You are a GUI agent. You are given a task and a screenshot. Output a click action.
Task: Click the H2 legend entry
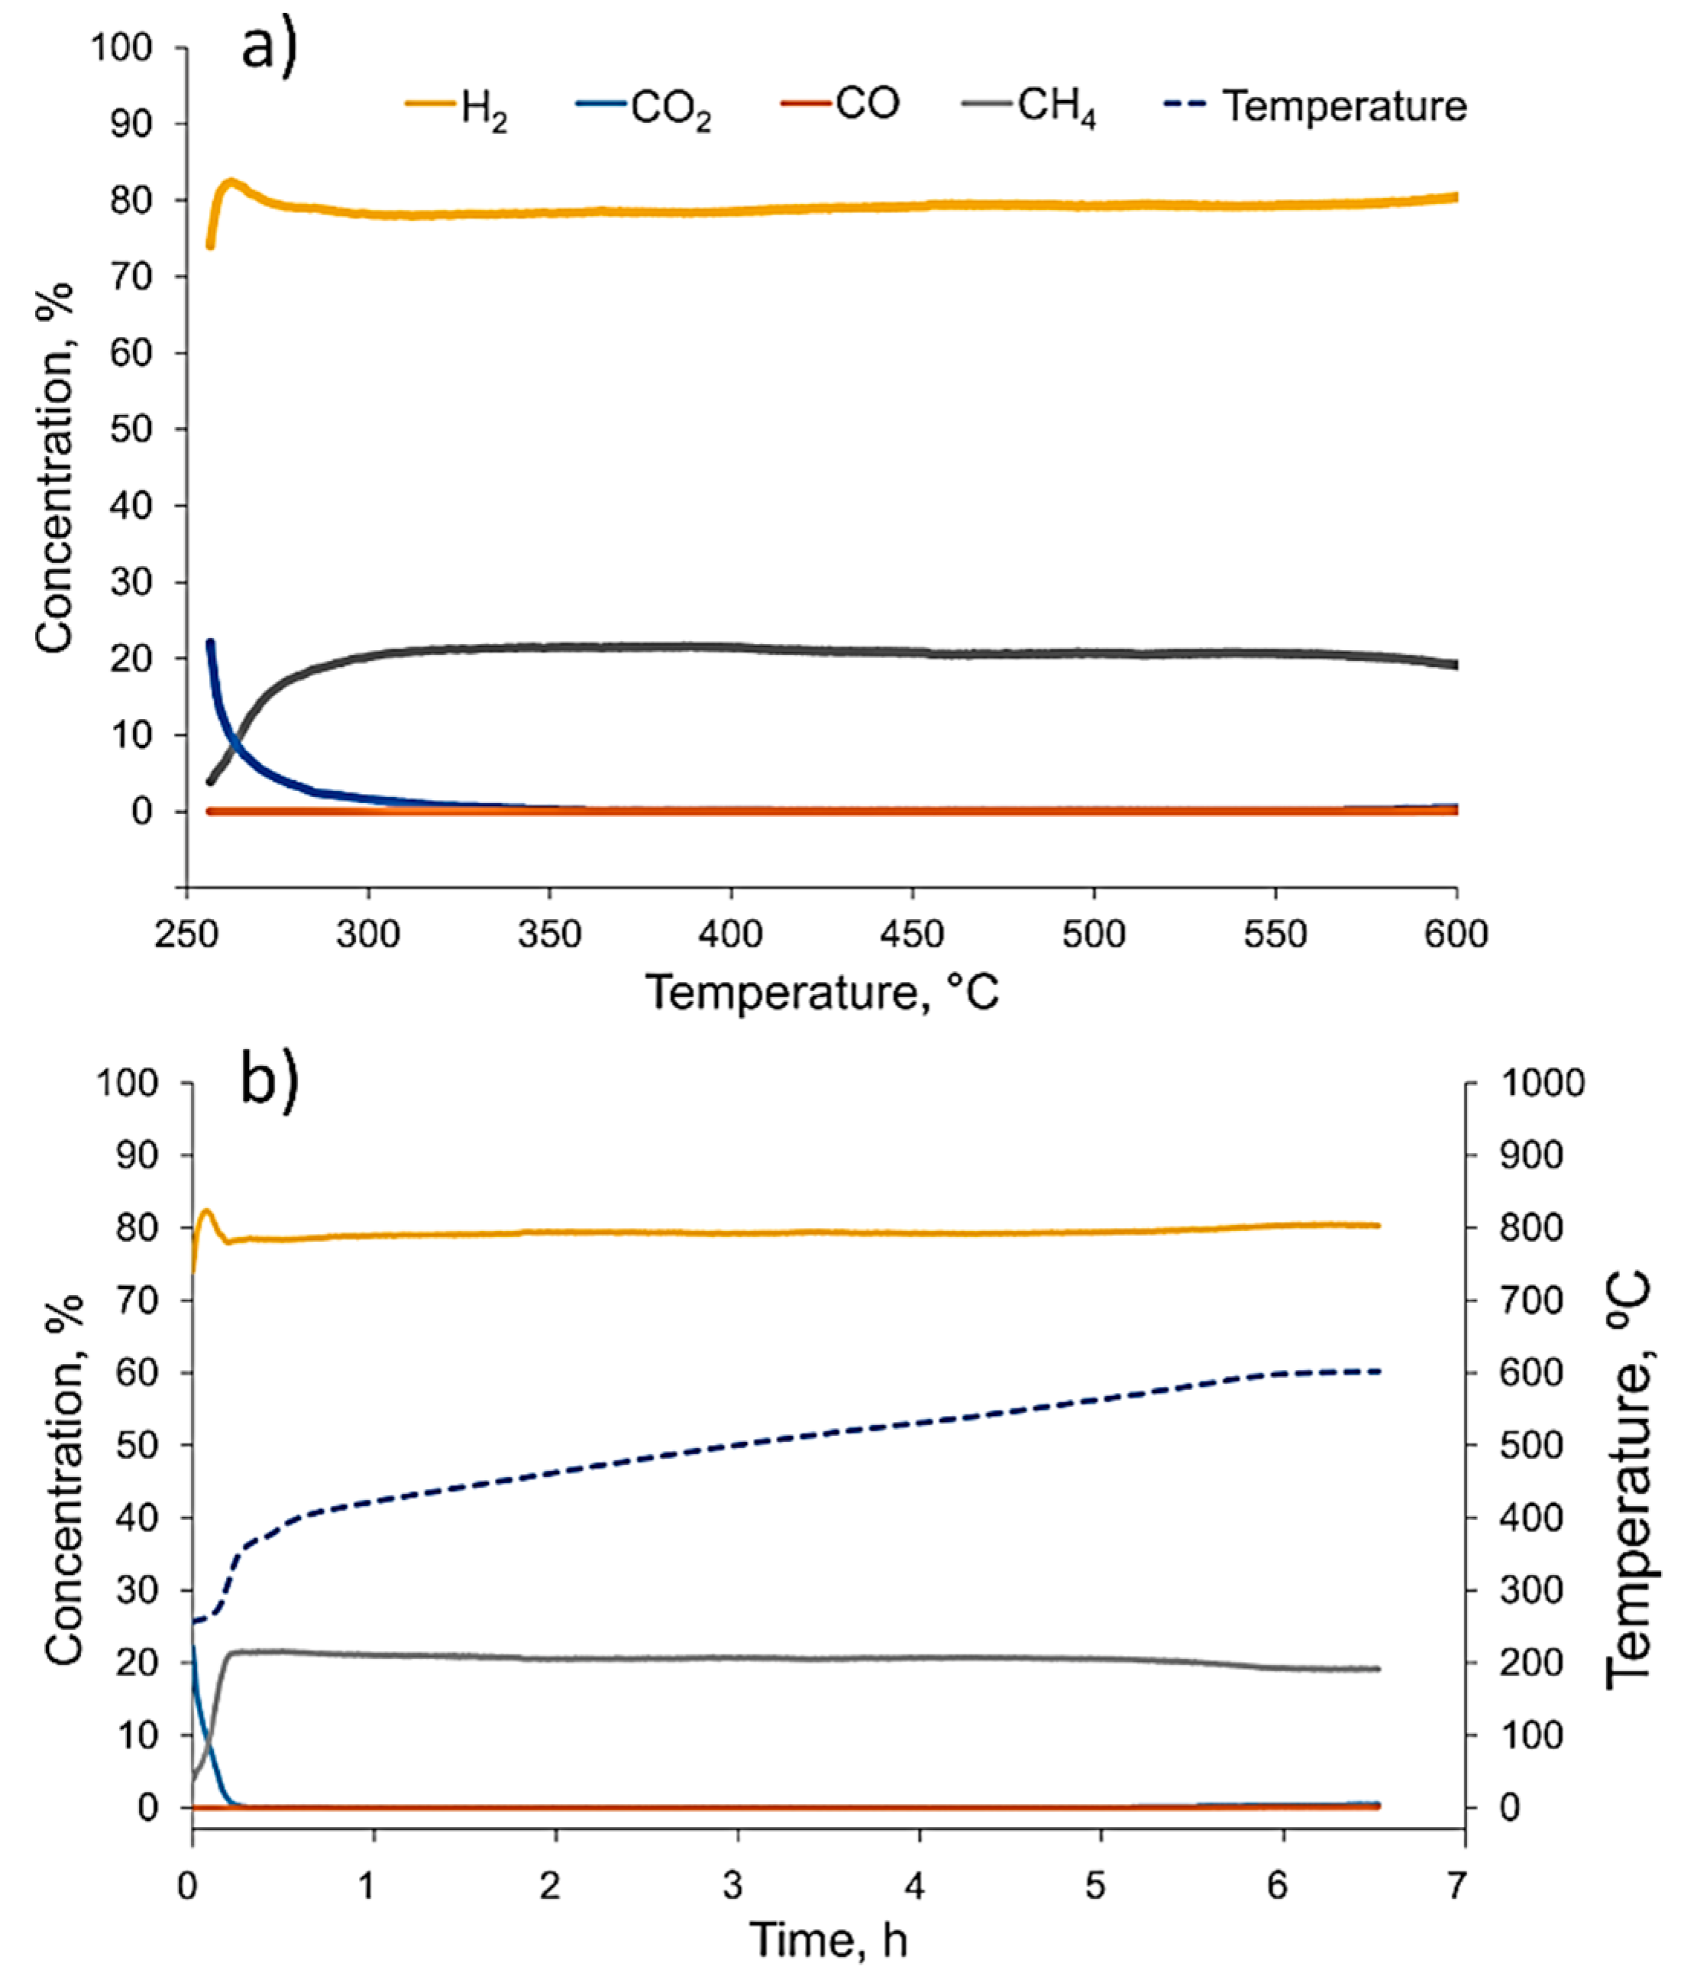tap(457, 107)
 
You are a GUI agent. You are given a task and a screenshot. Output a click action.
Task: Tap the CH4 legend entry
tap(1030, 107)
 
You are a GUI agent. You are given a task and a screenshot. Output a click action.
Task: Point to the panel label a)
tap(269, 47)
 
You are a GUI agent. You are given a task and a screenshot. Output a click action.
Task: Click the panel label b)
tap(269, 1083)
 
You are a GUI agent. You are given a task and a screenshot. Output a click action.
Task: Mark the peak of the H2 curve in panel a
tap(231, 181)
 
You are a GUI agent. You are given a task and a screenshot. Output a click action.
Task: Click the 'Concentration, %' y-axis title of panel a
tap(55, 467)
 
